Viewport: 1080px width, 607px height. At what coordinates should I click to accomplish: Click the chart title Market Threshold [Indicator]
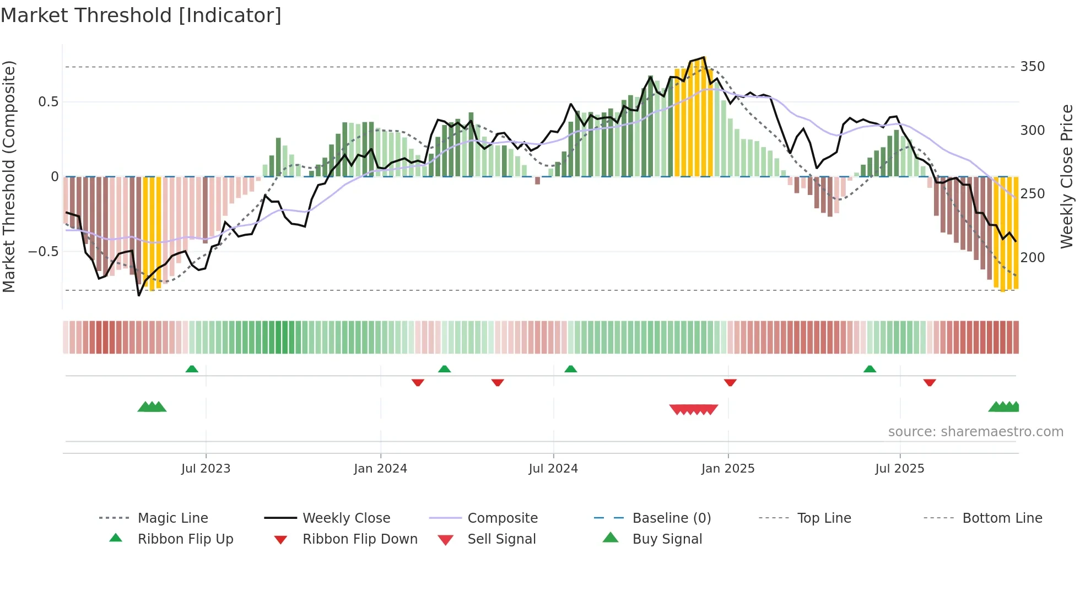pyautogui.click(x=141, y=15)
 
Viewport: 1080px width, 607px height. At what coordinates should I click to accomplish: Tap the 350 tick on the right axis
pyautogui.click(x=1032, y=67)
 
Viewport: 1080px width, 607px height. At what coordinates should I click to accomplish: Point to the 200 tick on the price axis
pyautogui.click(x=1032, y=257)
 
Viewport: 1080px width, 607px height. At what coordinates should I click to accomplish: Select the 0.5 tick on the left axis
pyautogui.click(x=48, y=102)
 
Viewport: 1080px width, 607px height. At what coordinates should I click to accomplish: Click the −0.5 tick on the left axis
pyautogui.click(x=44, y=252)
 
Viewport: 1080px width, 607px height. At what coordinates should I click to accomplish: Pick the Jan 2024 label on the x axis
pyautogui.click(x=380, y=469)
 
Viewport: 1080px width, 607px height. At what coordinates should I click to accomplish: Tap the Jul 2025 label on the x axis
pyautogui.click(x=899, y=469)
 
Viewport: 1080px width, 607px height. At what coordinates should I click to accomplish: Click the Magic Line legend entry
pyautogui.click(x=172, y=518)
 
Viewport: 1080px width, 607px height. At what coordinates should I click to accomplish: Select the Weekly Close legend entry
pyautogui.click(x=346, y=518)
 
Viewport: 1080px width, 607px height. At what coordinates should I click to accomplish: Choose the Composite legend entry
pyautogui.click(x=502, y=518)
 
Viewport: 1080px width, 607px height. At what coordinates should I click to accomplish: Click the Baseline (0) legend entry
pyautogui.click(x=671, y=518)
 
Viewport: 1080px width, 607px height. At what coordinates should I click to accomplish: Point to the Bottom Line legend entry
pyautogui.click(x=1002, y=518)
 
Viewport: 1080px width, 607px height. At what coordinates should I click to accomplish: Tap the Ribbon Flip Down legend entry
pyautogui.click(x=360, y=539)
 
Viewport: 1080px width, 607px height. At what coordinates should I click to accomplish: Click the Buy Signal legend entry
pyautogui.click(x=667, y=539)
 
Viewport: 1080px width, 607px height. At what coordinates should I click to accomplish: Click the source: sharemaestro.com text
pyautogui.click(x=975, y=432)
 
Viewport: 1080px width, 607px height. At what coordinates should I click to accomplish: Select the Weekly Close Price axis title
pyautogui.click(x=1067, y=176)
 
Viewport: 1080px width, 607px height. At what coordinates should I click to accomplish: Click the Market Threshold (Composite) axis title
pyautogui.click(x=9, y=176)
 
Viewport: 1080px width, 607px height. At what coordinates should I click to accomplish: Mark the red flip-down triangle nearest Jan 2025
pyautogui.click(x=730, y=382)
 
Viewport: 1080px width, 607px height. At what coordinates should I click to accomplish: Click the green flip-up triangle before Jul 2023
pyautogui.click(x=192, y=368)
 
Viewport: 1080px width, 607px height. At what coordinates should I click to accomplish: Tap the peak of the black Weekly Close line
pyautogui.click(x=704, y=57)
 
